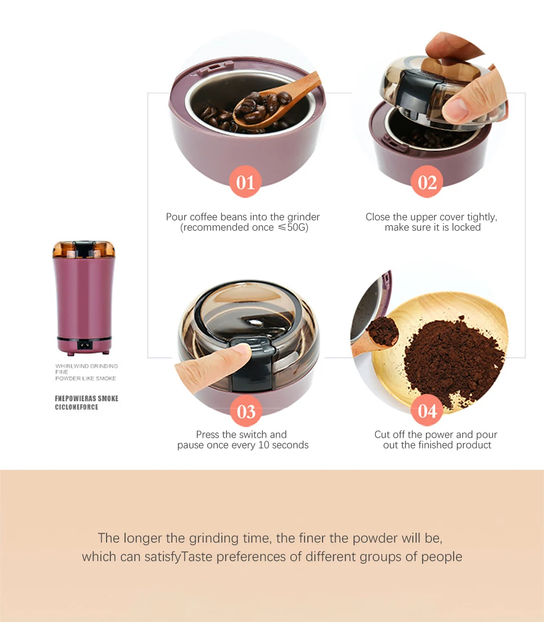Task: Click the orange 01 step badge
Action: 245,182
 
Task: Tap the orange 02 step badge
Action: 427,182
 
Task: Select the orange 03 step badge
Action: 246,411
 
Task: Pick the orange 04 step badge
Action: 427,411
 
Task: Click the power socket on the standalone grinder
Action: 84,344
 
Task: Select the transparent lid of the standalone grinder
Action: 84,249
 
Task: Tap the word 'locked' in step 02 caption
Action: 466,227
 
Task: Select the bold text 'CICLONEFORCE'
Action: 77,407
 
